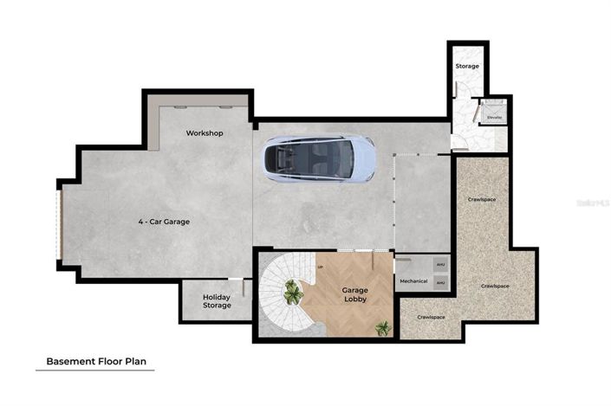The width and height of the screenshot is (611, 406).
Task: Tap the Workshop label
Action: click(205, 133)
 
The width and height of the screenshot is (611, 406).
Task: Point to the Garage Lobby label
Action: click(354, 295)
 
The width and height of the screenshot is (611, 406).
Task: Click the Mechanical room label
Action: click(413, 281)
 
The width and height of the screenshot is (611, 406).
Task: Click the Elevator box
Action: click(494, 116)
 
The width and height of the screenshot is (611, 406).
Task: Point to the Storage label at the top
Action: click(467, 67)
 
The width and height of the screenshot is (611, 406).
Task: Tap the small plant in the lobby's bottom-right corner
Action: click(382, 328)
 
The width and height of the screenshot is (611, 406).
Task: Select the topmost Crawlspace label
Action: click(481, 200)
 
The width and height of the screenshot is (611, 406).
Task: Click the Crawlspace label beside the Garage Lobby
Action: click(431, 317)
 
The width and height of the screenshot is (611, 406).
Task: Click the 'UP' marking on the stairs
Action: click(321, 267)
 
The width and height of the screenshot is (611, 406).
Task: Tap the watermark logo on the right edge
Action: click(594, 203)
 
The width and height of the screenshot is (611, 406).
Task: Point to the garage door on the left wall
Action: click(61, 224)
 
